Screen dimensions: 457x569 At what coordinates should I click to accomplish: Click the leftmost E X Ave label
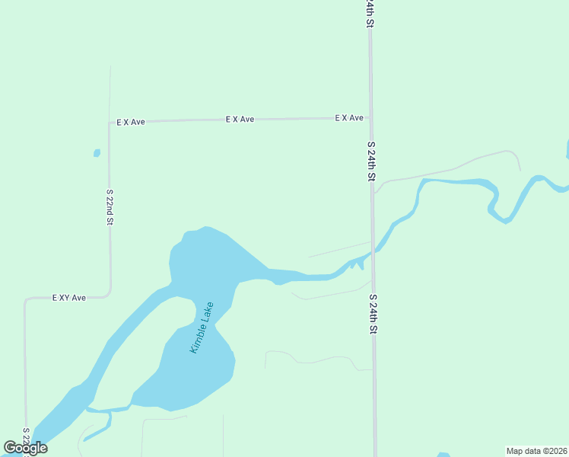pyautogui.click(x=130, y=122)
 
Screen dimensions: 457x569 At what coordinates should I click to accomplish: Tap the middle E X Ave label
pyautogui.click(x=240, y=120)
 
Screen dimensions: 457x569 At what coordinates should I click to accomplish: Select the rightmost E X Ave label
pyautogui.click(x=350, y=118)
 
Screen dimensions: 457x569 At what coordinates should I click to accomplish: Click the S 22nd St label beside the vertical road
pyautogui.click(x=110, y=207)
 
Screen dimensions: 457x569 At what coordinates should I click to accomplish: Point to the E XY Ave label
pyautogui.click(x=68, y=298)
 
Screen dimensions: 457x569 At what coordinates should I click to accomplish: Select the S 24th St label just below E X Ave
pyautogui.click(x=371, y=161)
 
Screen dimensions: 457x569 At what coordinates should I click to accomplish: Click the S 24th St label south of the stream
pyautogui.click(x=373, y=314)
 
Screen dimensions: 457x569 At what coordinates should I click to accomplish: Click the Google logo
pyautogui.click(x=26, y=448)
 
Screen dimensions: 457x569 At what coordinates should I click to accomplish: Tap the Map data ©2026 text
pyautogui.click(x=536, y=451)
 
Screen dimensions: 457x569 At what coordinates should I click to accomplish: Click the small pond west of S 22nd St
pyautogui.click(x=97, y=153)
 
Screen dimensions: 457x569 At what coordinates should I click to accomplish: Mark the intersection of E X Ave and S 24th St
pyautogui.click(x=370, y=118)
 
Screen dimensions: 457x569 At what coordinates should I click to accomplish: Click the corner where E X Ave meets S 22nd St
pyautogui.click(x=110, y=123)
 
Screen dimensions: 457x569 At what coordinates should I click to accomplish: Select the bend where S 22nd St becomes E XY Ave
pyautogui.click(x=110, y=293)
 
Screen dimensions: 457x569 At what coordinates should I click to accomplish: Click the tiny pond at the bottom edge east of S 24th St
pyautogui.click(x=444, y=455)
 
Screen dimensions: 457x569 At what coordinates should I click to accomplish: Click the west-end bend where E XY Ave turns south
pyautogui.click(x=26, y=300)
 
